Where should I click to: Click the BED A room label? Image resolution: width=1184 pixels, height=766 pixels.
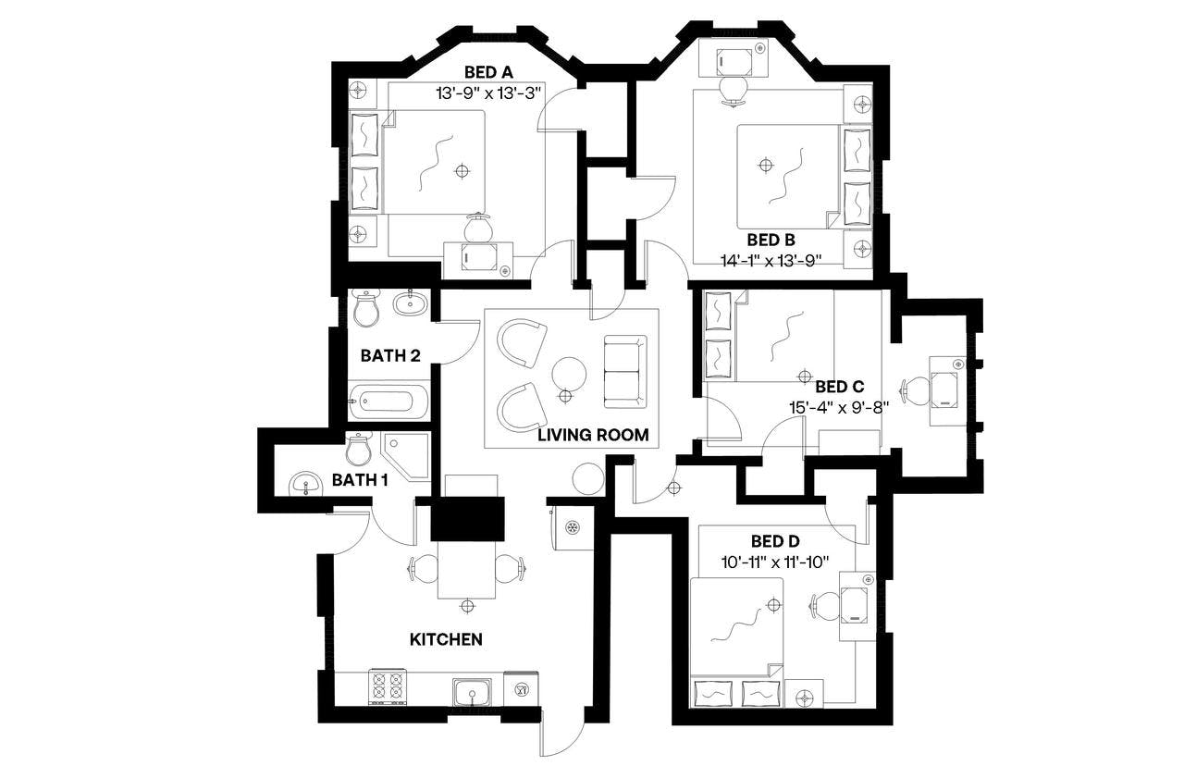point(489,73)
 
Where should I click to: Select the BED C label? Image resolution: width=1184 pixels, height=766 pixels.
point(839,386)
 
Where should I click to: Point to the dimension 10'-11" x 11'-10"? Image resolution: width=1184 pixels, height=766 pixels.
point(776,561)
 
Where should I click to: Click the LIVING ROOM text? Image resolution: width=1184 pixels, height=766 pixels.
point(593,434)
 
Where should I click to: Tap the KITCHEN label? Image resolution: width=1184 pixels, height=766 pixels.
point(446,639)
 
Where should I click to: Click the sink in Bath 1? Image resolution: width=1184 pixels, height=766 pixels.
point(304,483)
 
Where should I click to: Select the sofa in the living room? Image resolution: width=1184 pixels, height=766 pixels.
point(624,371)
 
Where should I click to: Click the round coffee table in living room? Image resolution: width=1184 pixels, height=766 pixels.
point(568,374)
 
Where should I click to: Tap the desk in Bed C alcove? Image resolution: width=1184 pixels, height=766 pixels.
point(946,390)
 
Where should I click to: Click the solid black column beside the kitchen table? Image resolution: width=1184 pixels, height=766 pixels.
point(469,519)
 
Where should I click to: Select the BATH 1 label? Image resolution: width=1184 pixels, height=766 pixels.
point(360,479)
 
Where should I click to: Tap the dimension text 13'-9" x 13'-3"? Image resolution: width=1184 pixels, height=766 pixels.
point(489,93)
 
